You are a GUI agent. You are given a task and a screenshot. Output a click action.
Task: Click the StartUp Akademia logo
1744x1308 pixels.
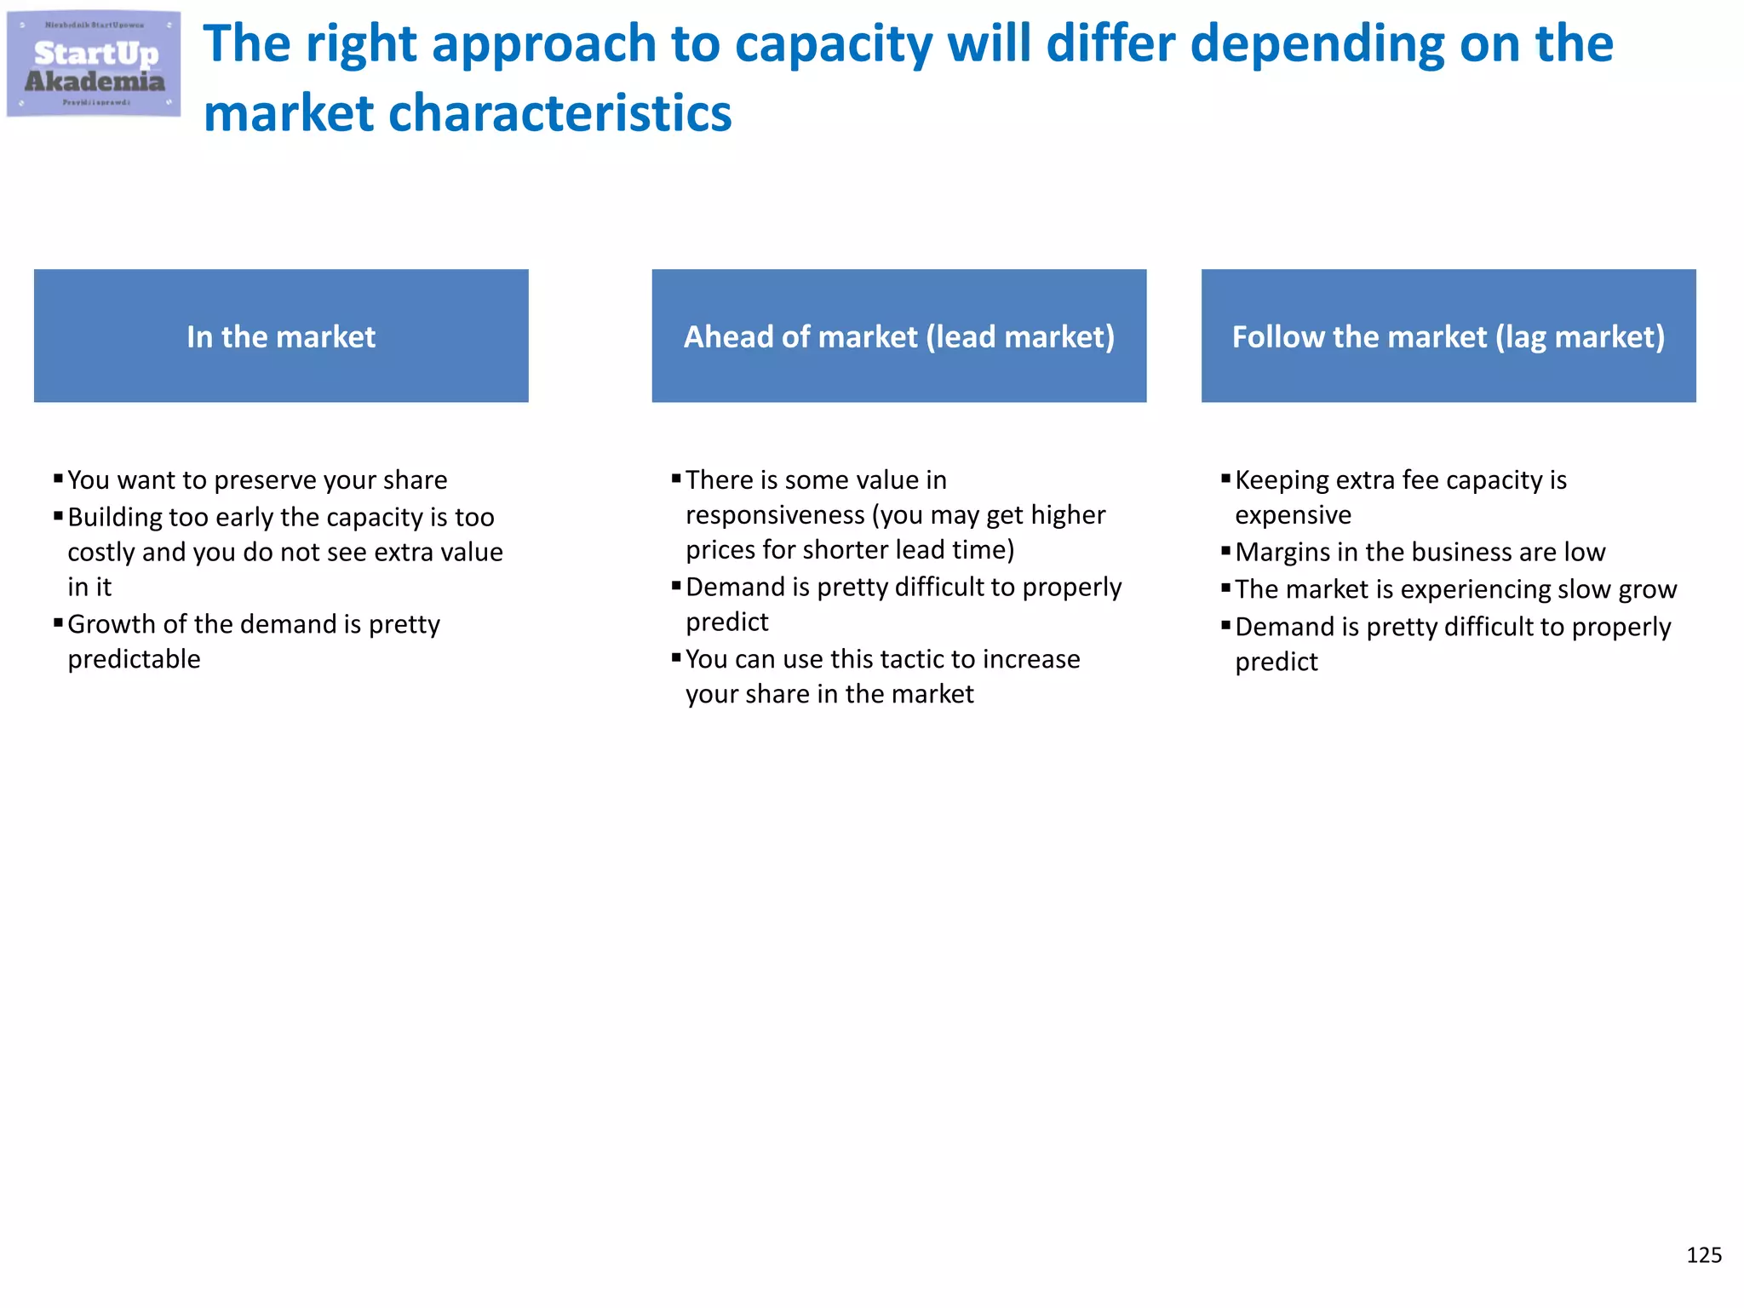click(x=94, y=65)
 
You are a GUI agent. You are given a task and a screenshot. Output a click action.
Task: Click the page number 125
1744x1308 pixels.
click(x=1703, y=1255)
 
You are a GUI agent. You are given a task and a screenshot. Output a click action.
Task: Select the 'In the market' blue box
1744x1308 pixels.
click(x=281, y=336)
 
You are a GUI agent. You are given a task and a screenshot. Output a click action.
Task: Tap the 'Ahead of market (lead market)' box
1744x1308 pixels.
click(x=898, y=336)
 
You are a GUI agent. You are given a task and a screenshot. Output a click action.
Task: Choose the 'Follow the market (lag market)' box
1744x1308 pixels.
click(x=1448, y=336)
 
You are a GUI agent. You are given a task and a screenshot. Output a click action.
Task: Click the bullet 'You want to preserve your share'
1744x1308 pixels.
click(x=257, y=480)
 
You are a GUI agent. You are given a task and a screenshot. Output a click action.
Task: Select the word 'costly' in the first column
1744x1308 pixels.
click(x=101, y=553)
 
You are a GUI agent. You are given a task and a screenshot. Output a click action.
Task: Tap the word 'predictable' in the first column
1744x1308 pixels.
click(x=134, y=659)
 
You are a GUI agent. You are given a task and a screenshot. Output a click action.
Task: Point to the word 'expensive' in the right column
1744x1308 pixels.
click(x=1293, y=515)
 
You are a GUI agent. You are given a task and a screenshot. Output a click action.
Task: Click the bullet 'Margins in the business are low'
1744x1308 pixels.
click(x=1420, y=553)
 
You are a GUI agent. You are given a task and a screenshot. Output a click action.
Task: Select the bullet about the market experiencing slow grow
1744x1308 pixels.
click(x=1455, y=589)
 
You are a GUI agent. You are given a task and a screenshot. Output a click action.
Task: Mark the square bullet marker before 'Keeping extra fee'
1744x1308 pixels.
click(x=1225, y=479)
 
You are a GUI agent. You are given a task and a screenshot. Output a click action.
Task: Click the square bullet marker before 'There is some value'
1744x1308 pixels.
click(x=676, y=479)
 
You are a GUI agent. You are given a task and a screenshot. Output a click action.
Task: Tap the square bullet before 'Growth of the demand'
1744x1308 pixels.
click(x=58, y=622)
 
